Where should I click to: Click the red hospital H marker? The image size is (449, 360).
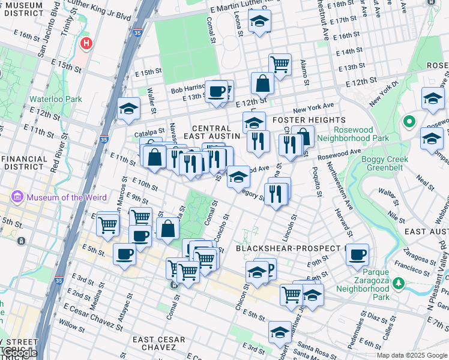pos(87,44)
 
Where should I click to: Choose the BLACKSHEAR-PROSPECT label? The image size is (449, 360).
pos(288,248)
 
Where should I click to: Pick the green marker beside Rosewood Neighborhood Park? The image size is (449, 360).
pos(410,122)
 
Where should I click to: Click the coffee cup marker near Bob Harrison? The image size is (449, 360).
pos(217,91)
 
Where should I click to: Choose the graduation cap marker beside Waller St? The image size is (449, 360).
pos(128,109)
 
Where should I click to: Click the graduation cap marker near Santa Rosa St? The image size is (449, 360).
pos(280,332)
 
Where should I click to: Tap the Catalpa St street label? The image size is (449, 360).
pos(149,131)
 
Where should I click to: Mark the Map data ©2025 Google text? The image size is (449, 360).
pos(412,355)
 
